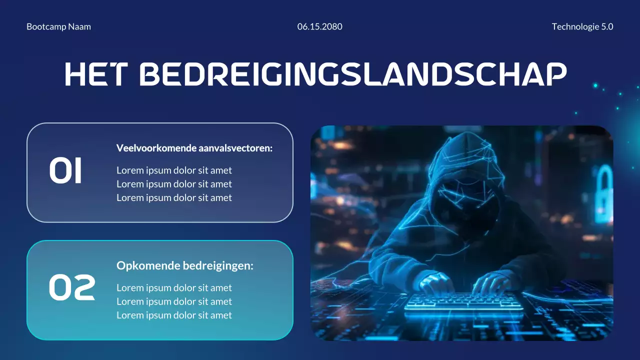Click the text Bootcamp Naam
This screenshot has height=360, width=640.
pos(58,26)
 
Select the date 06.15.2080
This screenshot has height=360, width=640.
pos(319,26)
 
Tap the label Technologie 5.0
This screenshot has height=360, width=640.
pos(582,26)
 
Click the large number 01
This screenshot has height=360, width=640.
pos(65,171)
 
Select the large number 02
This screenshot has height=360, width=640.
pos(72,288)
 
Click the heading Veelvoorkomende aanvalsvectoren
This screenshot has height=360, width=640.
pos(194,148)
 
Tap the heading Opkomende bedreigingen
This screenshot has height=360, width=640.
pos(185,266)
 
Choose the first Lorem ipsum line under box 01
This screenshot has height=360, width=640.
pos(174,170)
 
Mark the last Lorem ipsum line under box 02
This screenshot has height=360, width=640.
pos(174,315)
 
